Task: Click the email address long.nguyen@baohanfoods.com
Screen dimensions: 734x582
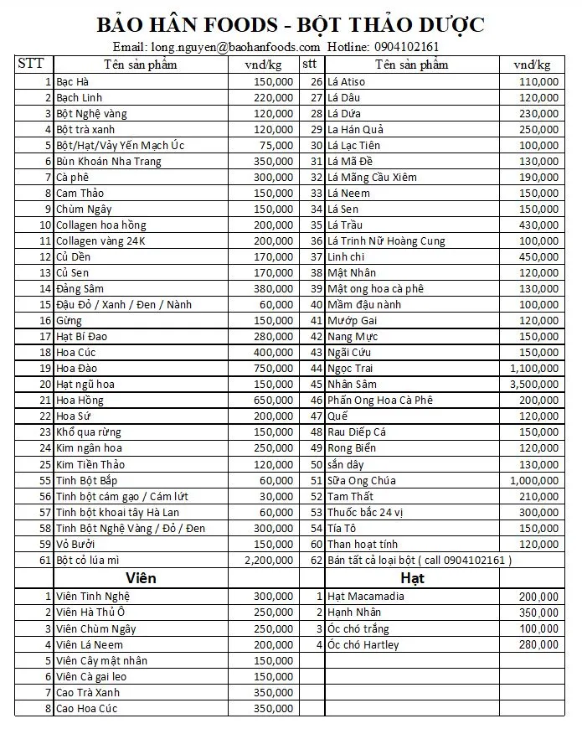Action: [234, 47]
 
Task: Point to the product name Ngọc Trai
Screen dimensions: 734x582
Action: [350, 369]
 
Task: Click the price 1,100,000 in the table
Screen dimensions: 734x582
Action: [534, 369]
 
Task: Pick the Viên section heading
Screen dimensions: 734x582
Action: [141, 578]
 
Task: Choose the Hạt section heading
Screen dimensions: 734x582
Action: [412, 578]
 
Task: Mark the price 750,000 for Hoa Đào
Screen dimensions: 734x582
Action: [274, 369]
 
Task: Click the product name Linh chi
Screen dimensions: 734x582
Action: [348, 257]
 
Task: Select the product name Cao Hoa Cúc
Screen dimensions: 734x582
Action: [87, 709]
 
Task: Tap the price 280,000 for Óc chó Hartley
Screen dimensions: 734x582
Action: [538, 645]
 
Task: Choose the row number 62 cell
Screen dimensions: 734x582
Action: [316, 560]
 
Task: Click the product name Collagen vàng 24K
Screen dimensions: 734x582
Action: [100, 241]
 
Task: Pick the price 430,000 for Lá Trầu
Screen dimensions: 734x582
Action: [538, 225]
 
